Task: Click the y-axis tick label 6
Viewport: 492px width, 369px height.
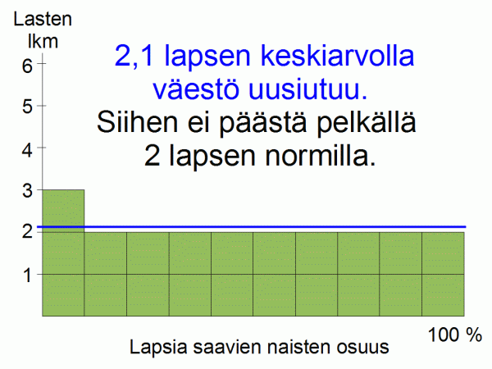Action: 27,66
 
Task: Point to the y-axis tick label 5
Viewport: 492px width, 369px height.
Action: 27,107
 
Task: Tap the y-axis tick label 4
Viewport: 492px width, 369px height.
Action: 27,150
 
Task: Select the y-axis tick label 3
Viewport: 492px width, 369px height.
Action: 27,190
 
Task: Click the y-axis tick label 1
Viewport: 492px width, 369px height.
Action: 28,276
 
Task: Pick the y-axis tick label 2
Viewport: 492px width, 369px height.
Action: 27,231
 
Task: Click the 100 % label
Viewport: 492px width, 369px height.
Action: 454,335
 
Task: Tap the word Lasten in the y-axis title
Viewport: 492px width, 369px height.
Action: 43,19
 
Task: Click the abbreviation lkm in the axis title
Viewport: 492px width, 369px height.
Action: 43,41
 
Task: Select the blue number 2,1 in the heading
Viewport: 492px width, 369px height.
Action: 134,56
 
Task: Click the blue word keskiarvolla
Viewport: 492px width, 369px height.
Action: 338,55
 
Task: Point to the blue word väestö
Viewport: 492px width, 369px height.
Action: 195,89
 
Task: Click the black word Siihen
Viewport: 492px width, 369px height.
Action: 137,121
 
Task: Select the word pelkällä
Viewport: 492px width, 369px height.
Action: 367,123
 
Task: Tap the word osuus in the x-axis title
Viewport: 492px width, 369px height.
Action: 363,348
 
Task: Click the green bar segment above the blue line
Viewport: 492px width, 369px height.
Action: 63,207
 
